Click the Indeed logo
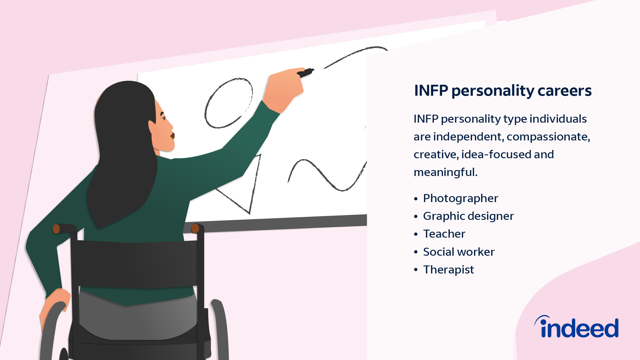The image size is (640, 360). point(577,327)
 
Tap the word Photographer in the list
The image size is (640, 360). point(460,199)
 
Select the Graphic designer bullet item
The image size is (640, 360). point(468,216)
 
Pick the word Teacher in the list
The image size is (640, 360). point(444,234)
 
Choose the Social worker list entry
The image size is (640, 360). point(459,252)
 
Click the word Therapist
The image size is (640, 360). point(448,270)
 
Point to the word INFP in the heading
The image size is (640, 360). point(431,90)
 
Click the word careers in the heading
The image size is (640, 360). point(564,91)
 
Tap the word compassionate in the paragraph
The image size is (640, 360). point(548,137)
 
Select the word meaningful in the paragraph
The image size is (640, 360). point(445,172)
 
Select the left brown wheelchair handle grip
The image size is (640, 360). point(56,229)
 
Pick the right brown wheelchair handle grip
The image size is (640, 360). point(195,228)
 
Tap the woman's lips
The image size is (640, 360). point(172,135)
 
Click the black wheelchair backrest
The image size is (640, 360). point(133,264)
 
